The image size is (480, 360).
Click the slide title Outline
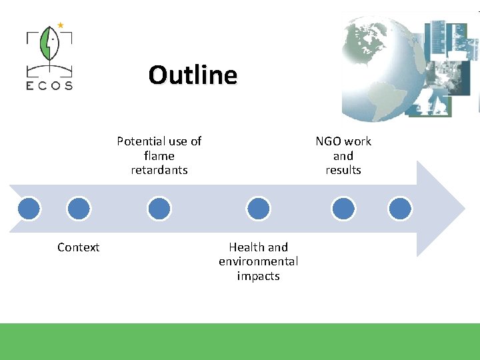(x=193, y=75)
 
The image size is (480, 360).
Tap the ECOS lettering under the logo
(x=50, y=85)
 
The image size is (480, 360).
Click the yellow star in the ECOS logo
(x=61, y=25)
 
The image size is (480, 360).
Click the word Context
(x=78, y=247)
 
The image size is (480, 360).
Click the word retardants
(x=159, y=170)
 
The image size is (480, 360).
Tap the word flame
(x=159, y=156)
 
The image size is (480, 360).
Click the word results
(x=343, y=170)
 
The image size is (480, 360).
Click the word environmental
(x=258, y=261)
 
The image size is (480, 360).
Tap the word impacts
(x=258, y=276)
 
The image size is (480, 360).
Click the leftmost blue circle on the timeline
(x=29, y=209)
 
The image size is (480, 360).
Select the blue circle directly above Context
(x=79, y=209)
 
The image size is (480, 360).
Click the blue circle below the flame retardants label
(x=159, y=209)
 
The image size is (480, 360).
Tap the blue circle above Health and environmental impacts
(x=258, y=209)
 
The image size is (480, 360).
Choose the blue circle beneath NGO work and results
(x=343, y=209)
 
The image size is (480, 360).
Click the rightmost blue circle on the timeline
(x=400, y=209)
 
